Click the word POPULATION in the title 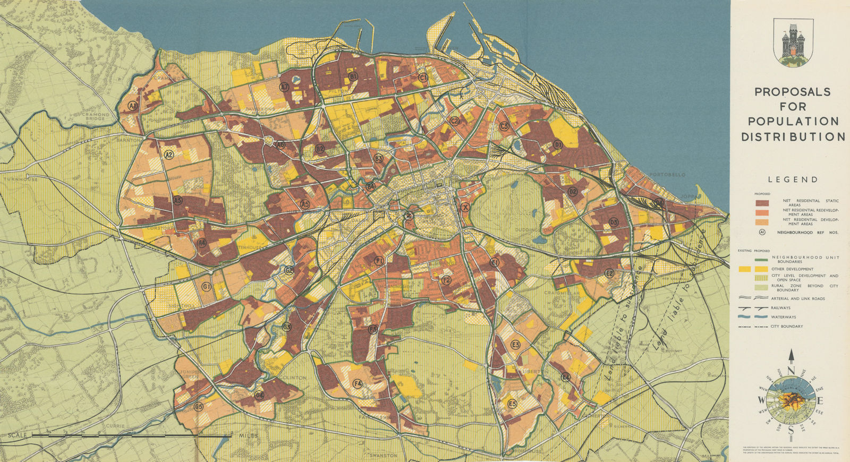(790, 122)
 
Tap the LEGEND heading (792, 180)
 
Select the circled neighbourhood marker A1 (133, 107)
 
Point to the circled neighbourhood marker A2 (169, 155)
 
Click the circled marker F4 (358, 383)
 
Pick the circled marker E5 (512, 403)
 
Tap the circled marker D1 (558, 144)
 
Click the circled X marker (465, 208)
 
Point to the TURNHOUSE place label (20, 179)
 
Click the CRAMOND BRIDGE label (96, 117)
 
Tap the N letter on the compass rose (790, 371)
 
